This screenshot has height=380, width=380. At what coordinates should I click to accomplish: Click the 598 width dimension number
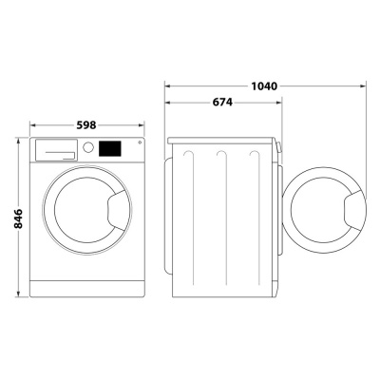coord(86,124)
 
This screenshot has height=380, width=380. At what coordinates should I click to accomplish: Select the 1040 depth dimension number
coord(265,86)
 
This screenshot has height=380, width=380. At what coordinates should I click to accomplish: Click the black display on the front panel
coord(111,149)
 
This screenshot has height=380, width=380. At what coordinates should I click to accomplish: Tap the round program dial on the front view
coord(88,148)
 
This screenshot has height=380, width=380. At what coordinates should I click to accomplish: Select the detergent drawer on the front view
coord(56,149)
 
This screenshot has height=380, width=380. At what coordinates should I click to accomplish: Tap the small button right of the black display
coord(139,143)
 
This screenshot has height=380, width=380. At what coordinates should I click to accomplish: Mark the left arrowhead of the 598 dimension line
coord(32,124)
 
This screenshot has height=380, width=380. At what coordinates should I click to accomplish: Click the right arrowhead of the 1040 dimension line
coord(365,86)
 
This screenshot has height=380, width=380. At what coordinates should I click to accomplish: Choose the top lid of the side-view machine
coord(224,140)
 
